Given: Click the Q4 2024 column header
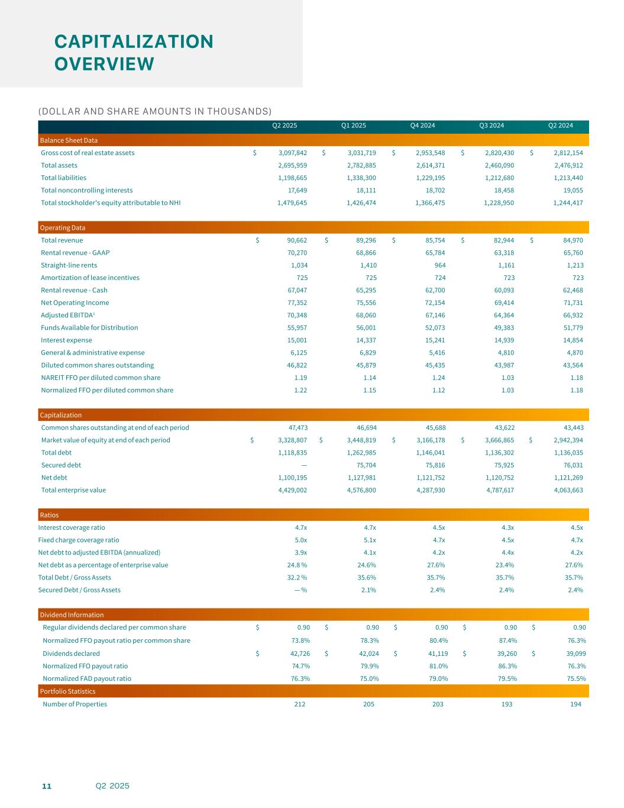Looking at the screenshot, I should point(422,125).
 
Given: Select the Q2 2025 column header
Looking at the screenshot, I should point(284,125).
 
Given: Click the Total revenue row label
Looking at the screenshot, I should point(62,240).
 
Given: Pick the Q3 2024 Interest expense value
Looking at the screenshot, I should point(500,340).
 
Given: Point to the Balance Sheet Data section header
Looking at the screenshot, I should point(69,140).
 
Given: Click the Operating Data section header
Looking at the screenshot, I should point(62,228).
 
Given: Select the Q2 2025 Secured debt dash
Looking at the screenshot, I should point(303,465).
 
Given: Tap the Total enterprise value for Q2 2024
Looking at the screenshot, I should point(568,490).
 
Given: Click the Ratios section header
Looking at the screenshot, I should point(49,515).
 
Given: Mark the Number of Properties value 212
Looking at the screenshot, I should point(299,704).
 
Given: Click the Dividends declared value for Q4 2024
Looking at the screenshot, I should point(435,654).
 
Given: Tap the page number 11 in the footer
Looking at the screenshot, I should point(46,786).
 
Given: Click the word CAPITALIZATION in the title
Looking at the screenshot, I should point(134,41).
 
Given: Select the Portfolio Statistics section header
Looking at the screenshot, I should point(67,691).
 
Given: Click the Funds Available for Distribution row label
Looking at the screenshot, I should point(89,328).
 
